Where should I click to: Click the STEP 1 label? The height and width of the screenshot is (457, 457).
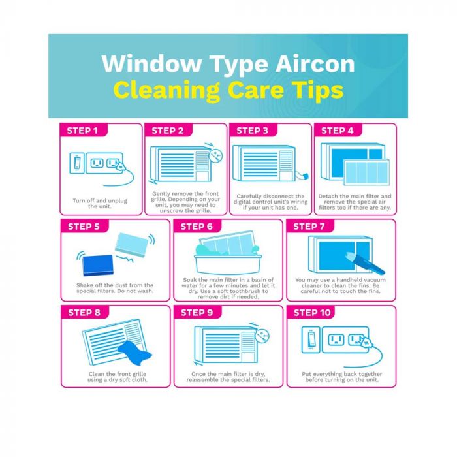82,131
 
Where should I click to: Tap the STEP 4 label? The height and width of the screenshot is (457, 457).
338,131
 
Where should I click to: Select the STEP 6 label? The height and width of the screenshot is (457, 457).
197,227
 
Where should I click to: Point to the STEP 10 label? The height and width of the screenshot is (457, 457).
312,313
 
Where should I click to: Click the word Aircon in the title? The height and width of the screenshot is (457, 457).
315,63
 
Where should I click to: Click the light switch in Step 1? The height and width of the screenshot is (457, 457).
77,163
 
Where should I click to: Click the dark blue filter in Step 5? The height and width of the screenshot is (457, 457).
98,265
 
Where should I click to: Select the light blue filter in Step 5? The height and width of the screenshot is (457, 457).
132,245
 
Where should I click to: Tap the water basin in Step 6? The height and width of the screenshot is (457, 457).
228,264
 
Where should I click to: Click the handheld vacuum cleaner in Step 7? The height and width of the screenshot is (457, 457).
365,263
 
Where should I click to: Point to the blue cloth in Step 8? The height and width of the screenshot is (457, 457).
134,354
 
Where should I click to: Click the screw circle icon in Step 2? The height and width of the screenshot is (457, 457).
215,155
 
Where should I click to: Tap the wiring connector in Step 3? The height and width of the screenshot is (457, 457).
306,176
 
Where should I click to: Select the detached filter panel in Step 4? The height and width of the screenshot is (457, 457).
367,172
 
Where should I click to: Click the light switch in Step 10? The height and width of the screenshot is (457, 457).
311,340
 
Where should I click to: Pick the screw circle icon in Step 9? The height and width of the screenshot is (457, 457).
262,336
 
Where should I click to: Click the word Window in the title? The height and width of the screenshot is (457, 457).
152,63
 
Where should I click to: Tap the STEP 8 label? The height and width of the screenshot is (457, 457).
84,313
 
